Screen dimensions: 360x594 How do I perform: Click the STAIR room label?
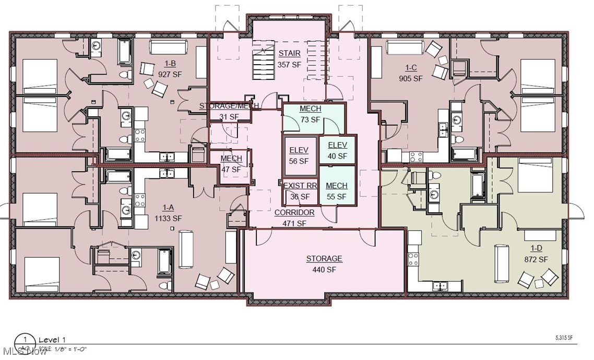click(289, 53)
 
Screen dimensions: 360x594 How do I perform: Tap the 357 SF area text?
click(289, 65)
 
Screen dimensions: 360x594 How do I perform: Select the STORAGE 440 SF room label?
click(324, 259)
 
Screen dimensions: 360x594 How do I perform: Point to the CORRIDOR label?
click(294, 213)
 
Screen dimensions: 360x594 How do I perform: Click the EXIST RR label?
click(300, 186)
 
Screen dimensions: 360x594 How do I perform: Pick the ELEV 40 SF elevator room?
click(337, 150)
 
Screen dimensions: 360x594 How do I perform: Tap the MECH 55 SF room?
click(337, 191)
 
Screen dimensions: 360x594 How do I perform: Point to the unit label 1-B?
click(170, 64)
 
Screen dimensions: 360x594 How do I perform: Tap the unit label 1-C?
click(411, 68)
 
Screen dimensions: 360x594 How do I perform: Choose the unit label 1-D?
click(536, 249)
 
